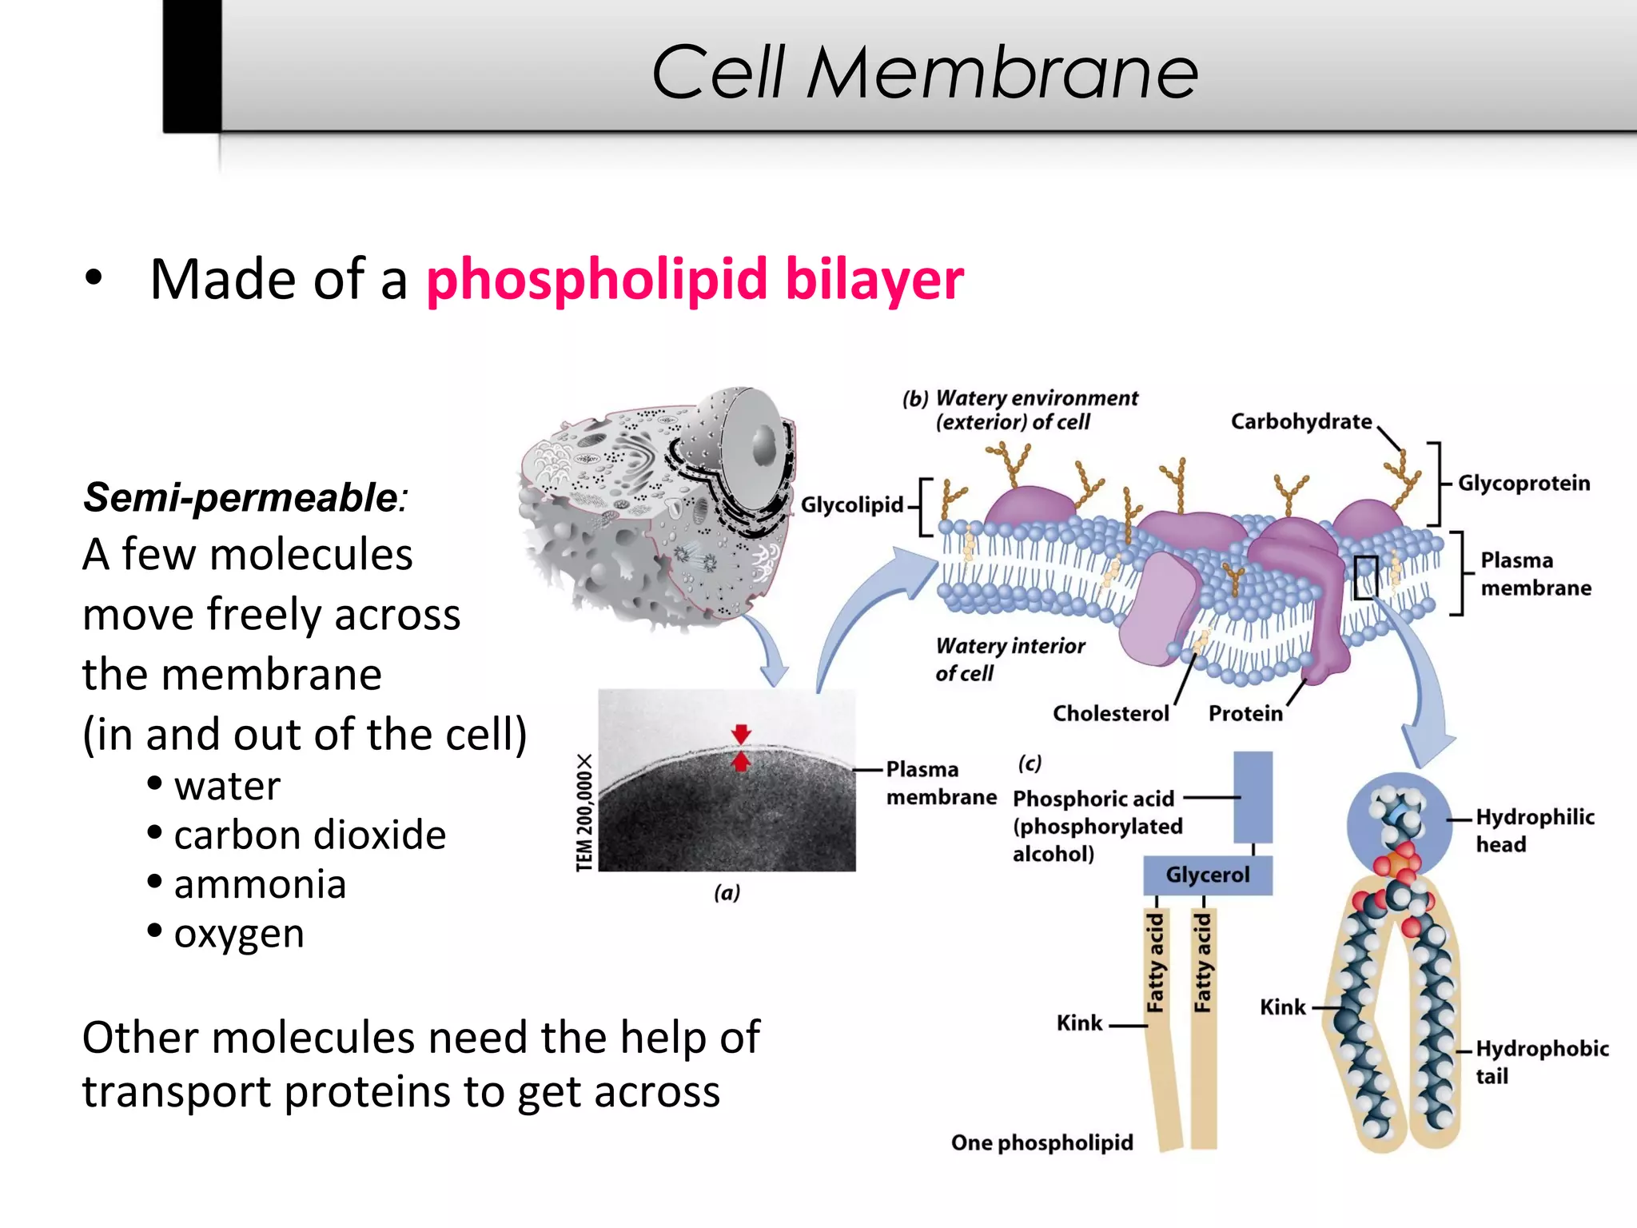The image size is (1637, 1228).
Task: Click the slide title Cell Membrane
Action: pos(925,72)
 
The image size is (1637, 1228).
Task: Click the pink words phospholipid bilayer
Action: pos(695,280)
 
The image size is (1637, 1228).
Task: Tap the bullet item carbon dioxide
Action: pos(309,835)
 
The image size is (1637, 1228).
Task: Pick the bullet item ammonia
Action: pos(260,884)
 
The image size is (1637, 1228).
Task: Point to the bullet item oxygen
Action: pos(239,933)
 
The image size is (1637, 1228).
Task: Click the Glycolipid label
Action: pos(851,505)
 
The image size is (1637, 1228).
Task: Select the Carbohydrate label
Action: pos(1300,421)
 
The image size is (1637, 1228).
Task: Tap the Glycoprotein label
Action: pos(1523,484)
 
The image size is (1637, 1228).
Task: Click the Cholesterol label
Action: pos(1110,713)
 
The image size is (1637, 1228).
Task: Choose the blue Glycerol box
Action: pos(1207,875)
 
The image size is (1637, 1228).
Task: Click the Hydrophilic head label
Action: pos(1534,831)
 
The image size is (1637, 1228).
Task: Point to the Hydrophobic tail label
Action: pos(1541,1062)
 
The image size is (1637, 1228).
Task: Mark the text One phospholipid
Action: pos(1042,1142)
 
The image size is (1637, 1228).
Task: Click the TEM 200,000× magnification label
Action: pos(585,811)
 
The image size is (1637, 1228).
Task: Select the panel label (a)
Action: pos(727,892)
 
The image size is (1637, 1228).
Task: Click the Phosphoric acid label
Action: pos(1093,799)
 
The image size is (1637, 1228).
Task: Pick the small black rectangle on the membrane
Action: pos(1365,577)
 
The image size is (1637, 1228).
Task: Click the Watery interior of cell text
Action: pos(1010,660)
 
